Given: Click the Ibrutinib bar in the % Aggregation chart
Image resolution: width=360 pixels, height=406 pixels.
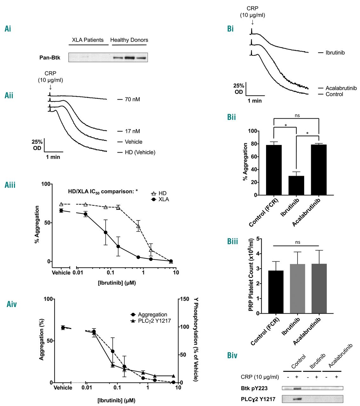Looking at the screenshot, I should click(296, 185).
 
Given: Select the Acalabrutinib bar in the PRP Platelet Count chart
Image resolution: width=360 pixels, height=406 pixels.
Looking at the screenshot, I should click(319, 289).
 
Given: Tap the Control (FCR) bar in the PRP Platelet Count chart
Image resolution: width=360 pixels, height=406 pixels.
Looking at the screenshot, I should click(276, 292).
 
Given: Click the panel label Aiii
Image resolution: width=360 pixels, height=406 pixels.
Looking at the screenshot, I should click(10, 185).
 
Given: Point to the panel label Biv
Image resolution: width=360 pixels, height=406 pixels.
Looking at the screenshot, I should click(232, 355).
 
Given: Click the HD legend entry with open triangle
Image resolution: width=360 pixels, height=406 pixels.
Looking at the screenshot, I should click(158, 193).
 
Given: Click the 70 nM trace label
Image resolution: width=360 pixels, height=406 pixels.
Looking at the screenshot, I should click(132, 99).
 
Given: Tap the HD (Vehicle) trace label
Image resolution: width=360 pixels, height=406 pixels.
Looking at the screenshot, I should click(140, 152).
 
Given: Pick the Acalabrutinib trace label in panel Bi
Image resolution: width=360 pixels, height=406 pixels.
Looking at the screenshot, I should click(341, 88).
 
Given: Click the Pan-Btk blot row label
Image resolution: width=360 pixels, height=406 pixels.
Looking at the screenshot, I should click(50, 57).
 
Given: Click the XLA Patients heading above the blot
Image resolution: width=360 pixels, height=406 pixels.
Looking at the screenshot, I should click(88, 40).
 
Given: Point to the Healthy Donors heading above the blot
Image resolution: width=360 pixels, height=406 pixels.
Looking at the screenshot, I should click(129, 40).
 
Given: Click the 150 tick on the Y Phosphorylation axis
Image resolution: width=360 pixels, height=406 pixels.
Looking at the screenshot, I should click(184, 299).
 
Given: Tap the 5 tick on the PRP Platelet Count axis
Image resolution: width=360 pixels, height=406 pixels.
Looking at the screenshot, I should click(258, 239).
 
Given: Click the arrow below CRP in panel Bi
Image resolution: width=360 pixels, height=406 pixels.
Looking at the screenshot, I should click(252, 22).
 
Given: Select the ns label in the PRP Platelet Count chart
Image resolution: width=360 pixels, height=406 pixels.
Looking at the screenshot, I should click(297, 242).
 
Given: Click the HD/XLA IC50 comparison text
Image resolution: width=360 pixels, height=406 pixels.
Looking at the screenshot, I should click(103, 192).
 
